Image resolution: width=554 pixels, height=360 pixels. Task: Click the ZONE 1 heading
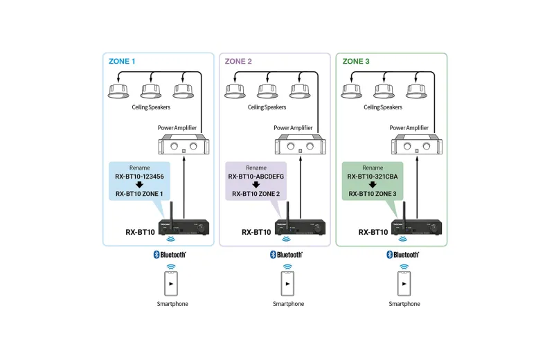coord(122,62)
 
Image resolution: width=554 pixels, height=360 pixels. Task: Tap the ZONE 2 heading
coord(238,62)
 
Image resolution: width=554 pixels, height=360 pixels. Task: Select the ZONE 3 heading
coord(356,62)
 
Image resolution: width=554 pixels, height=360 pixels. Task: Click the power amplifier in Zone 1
coord(184,144)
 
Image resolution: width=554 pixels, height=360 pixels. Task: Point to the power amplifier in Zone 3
coord(417,144)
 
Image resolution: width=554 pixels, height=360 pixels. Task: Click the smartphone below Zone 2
coord(287,283)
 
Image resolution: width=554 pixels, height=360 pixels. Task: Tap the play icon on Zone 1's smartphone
coord(171,284)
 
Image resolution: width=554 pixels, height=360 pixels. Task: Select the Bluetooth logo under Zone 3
coord(402,255)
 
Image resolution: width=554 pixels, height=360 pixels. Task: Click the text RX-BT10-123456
coord(140,177)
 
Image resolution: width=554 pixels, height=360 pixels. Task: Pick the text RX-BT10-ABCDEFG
coord(256,177)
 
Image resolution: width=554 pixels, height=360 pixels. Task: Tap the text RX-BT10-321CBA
coord(373,177)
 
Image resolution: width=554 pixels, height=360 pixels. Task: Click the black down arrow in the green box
coord(373,185)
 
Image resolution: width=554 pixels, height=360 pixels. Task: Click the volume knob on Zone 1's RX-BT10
coord(202,228)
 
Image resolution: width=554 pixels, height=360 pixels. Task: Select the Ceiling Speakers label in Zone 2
coord(267,107)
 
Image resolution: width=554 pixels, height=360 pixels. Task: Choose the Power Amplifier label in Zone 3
coord(409,128)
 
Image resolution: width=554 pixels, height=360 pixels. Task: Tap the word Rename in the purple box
coord(256,168)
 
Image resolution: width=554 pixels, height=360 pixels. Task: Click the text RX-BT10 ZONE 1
coord(139,194)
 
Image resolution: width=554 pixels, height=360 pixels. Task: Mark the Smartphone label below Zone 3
coord(404,304)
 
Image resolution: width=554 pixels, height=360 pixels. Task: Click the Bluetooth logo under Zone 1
coord(170,255)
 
